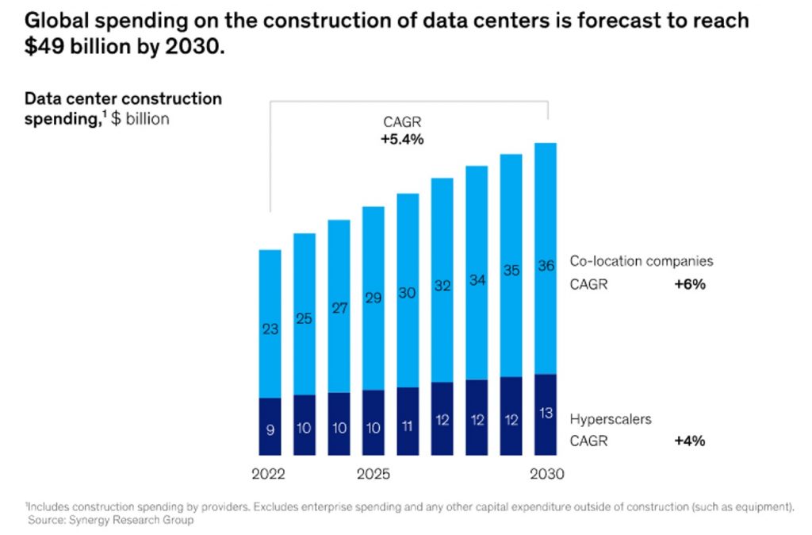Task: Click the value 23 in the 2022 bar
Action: pos(270,329)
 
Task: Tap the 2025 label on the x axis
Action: pos(373,475)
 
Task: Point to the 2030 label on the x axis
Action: pos(546,475)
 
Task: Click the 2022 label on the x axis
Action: pos(269,475)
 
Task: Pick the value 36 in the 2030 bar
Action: pos(546,267)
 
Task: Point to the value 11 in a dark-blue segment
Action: pos(408,425)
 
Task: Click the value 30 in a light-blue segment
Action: pos(408,293)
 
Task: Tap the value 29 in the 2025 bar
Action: pos(373,298)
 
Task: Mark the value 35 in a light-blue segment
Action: pos(511,271)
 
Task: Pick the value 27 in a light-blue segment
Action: pos(339,309)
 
